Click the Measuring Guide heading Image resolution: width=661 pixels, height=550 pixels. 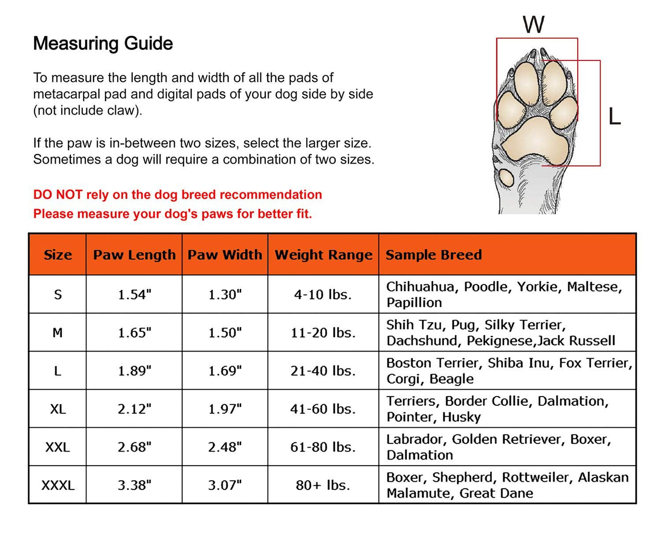103,44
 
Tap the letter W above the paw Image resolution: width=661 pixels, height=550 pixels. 534,25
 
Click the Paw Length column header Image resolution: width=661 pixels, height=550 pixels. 134,255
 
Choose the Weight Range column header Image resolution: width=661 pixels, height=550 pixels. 323,255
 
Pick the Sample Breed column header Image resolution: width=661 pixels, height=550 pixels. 434,255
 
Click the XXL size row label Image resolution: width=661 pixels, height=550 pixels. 58,447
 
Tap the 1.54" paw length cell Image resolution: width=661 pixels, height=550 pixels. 134,294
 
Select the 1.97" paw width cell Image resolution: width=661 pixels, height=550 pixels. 225,409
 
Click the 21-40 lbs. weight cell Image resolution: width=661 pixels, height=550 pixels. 323,371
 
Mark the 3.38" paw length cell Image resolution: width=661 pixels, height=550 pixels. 134,485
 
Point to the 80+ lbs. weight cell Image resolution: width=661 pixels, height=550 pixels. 323,485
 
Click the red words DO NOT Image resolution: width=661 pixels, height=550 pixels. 58,195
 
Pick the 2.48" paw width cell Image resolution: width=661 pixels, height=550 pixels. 225,447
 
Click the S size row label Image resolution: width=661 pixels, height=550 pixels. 58,294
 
